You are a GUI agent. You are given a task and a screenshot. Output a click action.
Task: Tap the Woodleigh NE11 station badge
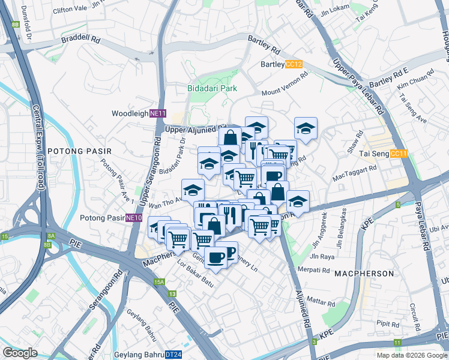(x=157, y=113)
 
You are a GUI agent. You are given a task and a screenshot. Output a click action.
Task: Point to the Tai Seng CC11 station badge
(x=399, y=154)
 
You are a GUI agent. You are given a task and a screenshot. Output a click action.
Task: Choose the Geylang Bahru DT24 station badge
(x=173, y=355)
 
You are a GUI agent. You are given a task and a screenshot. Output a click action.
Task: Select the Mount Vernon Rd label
(x=285, y=83)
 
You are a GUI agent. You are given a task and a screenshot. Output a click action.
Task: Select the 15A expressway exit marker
(x=159, y=281)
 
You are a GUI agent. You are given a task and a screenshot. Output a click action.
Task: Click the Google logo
(x=20, y=353)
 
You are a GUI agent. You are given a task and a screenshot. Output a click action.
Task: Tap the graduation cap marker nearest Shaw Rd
(x=306, y=128)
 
